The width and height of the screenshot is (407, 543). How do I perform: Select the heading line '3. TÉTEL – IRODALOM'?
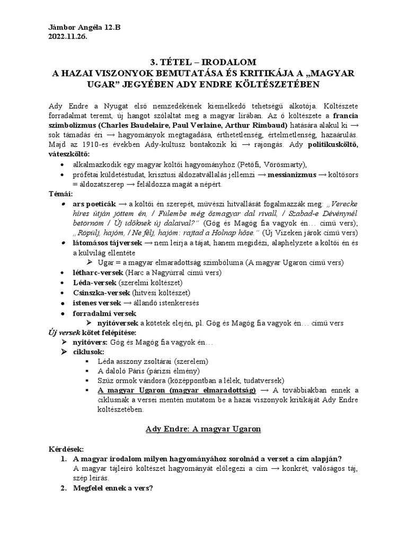[203, 62]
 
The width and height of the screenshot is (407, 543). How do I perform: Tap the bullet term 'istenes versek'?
[97, 303]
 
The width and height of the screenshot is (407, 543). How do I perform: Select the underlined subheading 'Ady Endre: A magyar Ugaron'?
[203, 429]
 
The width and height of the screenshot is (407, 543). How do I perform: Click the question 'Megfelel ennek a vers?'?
[113, 488]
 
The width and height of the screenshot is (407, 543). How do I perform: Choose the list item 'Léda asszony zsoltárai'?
[137, 361]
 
